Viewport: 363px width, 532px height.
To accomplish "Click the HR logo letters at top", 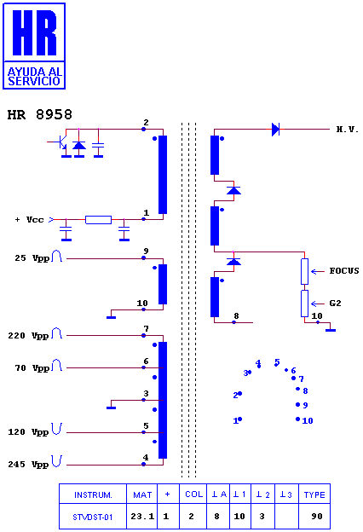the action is (34, 32).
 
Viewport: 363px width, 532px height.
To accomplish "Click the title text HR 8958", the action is (40, 115).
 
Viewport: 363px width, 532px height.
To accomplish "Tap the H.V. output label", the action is (348, 130).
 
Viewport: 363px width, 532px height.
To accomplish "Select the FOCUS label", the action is (344, 271).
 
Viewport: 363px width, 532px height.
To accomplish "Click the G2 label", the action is (335, 303).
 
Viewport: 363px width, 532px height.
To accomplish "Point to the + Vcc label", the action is (30, 219).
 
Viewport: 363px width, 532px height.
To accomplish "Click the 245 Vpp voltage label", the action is (28, 464).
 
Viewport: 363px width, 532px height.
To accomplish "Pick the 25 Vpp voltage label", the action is (32, 258).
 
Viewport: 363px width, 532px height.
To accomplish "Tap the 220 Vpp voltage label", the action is (28, 336).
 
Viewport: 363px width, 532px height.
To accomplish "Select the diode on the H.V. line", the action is (275, 130).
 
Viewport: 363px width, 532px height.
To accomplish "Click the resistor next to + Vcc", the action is (98, 220).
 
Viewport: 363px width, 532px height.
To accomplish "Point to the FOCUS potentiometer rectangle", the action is (305, 271).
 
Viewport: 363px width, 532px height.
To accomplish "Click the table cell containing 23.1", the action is (142, 516).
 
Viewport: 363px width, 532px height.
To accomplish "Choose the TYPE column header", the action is (314, 494).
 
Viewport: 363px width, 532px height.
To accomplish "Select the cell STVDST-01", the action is (93, 517).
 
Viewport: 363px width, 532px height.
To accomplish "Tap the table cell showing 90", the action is (316, 516).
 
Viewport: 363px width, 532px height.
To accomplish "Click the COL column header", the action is (193, 494).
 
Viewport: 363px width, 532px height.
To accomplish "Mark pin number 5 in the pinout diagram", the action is (277, 362).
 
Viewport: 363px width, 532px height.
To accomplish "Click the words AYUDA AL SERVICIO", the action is (34, 77).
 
